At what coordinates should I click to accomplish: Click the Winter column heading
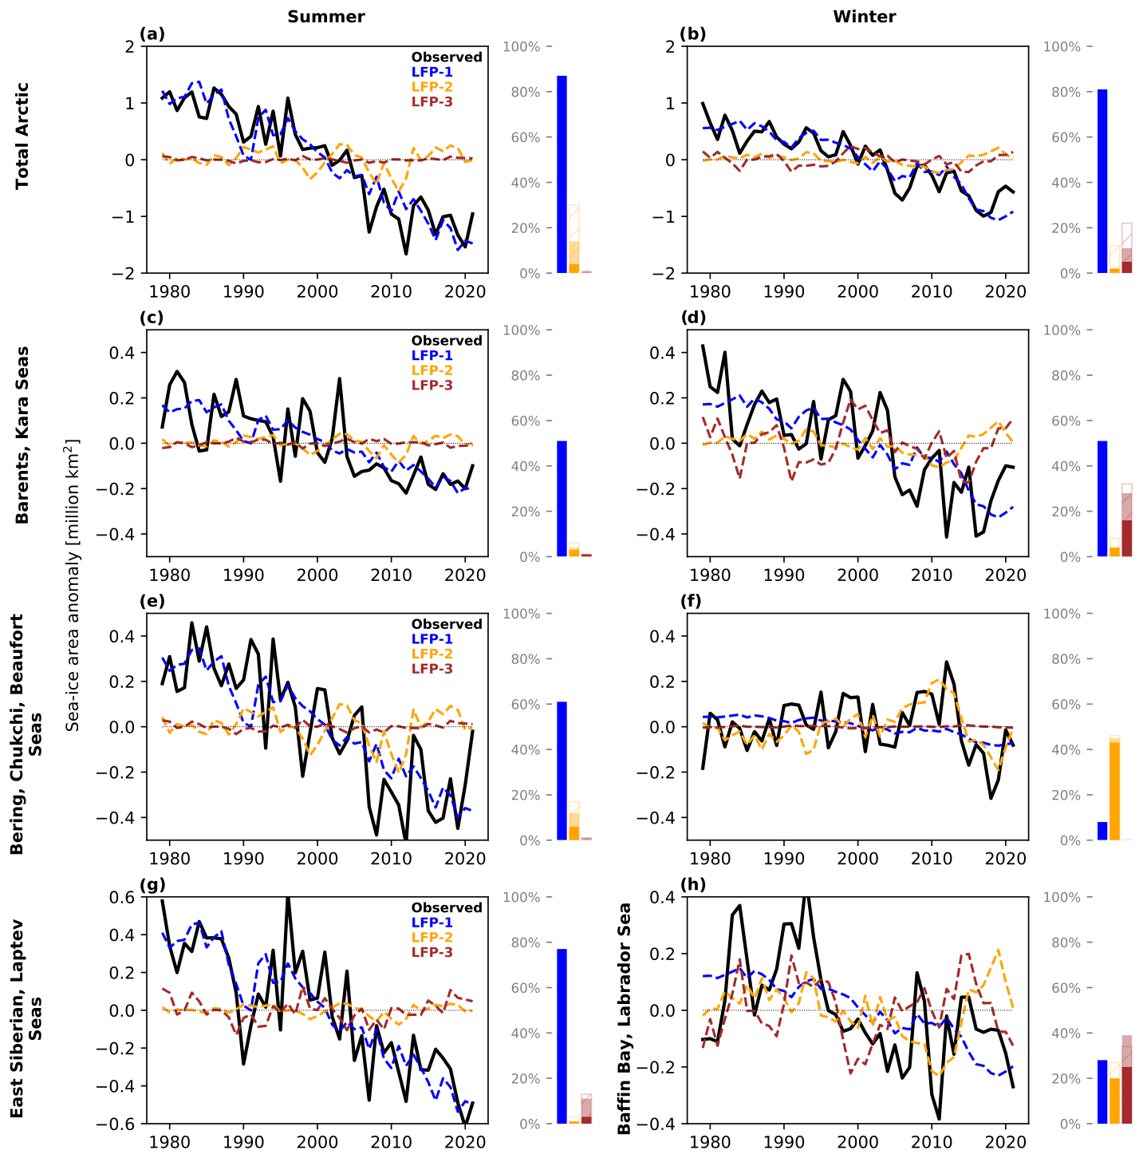tap(864, 17)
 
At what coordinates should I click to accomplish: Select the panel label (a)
tap(152, 34)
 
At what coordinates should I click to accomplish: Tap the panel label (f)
tap(691, 601)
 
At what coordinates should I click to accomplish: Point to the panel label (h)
tap(692, 884)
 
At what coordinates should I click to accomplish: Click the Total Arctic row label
tap(22, 135)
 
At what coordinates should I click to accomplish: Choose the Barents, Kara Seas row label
tap(22, 434)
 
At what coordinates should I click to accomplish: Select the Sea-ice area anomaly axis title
tap(73, 584)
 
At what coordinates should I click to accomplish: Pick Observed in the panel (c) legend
tap(447, 341)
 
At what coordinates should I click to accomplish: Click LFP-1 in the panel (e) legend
tap(432, 639)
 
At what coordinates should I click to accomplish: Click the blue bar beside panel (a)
tap(562, 175)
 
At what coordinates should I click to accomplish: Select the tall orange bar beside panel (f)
tap(1114, 791)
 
